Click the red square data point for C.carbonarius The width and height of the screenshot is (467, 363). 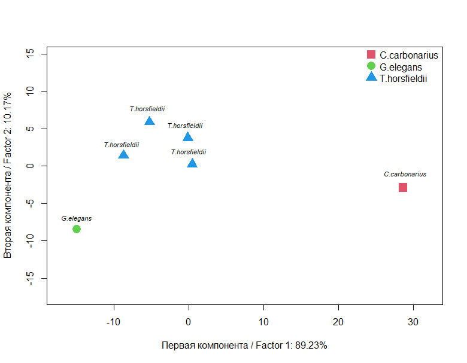click(x=403, y=187)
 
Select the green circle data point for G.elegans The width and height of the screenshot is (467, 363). click(x=76, y=229)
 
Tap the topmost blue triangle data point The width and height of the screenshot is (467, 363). click(x=149, y=121)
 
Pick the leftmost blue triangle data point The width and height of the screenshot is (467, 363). click(x=123, y=154)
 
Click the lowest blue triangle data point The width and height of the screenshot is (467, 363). click(x=192, y=163)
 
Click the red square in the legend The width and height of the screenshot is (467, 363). click(x=371, y=54)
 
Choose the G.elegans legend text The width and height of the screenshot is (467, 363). click(x=401, y=66)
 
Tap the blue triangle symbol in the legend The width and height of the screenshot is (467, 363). click(x=371, y=77)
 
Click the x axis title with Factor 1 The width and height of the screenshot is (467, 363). click(x=244, y=346)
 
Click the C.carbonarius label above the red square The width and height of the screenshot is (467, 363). click(x=405, y=174)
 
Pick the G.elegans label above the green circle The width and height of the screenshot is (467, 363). click(x=76, y=219)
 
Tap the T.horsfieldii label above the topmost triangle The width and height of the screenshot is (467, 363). click(x=147, y=109)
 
